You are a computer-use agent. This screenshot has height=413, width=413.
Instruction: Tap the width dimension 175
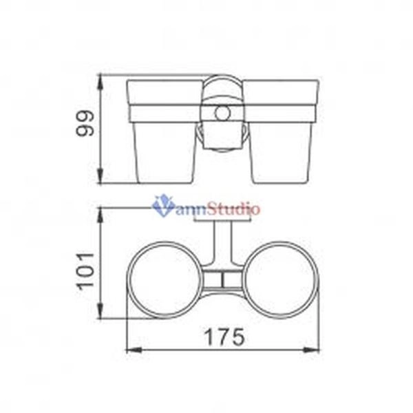tap(224, 337)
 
